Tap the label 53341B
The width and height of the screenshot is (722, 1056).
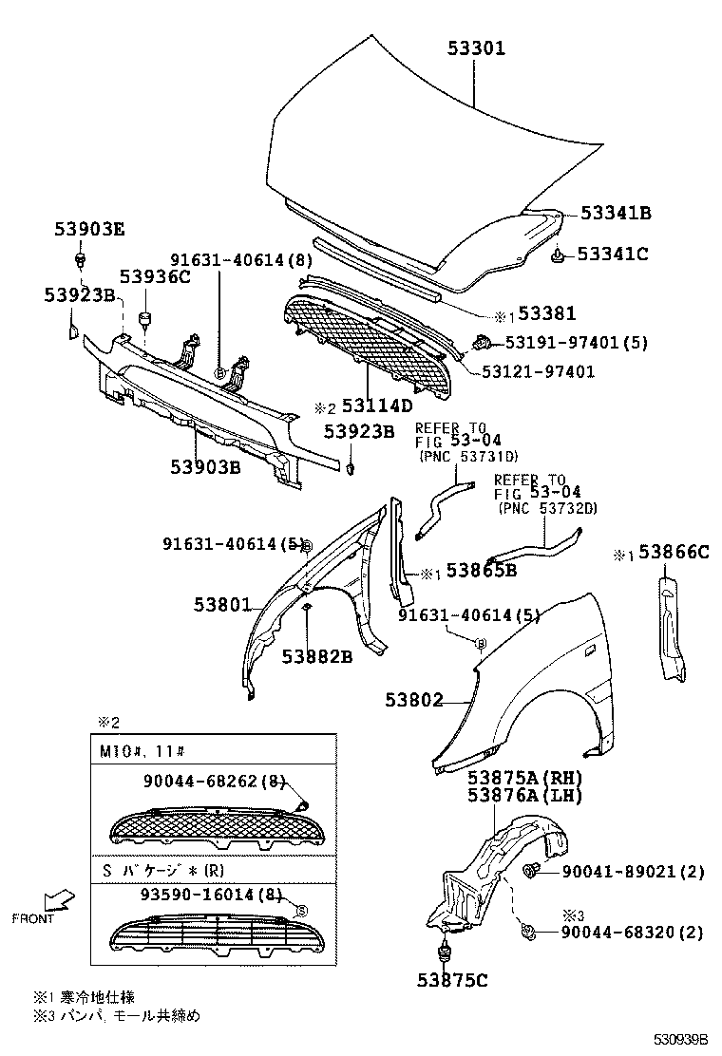616,214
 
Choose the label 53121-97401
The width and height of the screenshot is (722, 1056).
537,372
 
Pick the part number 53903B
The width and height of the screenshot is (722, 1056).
205,466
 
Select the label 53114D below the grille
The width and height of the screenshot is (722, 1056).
377,405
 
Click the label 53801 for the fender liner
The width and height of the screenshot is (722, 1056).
222,604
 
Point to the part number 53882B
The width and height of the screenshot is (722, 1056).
316,655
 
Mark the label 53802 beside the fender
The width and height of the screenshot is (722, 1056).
414,701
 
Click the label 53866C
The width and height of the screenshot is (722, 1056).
674,552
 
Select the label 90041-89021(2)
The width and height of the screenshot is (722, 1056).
632,871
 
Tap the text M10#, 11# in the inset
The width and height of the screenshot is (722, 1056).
137,749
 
